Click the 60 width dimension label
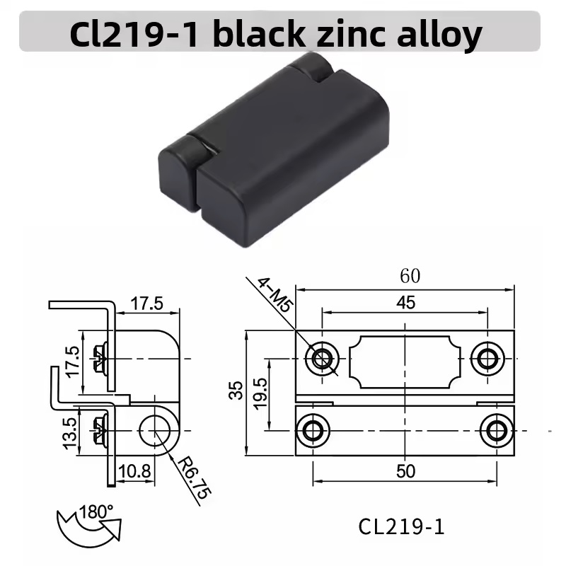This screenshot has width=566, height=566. click(410, 276)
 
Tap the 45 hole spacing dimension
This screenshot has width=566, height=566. click(405, 303)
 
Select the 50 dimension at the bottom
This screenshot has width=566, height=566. click(405, 471)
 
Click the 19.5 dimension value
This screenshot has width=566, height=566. click(260, 393)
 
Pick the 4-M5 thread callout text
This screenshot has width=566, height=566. click(275, 295)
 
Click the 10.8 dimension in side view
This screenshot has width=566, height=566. click(134, 471)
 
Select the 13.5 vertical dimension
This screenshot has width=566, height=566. click(70, 434)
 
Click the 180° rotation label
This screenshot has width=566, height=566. click(96, 512)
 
